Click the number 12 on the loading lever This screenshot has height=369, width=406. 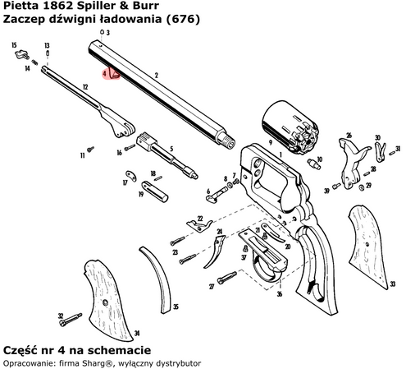tap(85, 86)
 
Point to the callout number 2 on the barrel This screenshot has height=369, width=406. tap(155, 75)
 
